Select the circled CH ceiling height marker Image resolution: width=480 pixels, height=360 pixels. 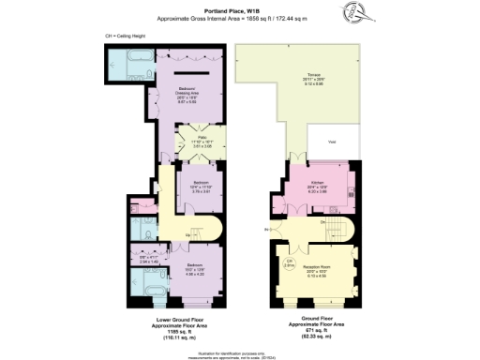click(x=291, y=262)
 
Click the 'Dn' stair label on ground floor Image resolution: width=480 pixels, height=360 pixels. click(x=322, y=222)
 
